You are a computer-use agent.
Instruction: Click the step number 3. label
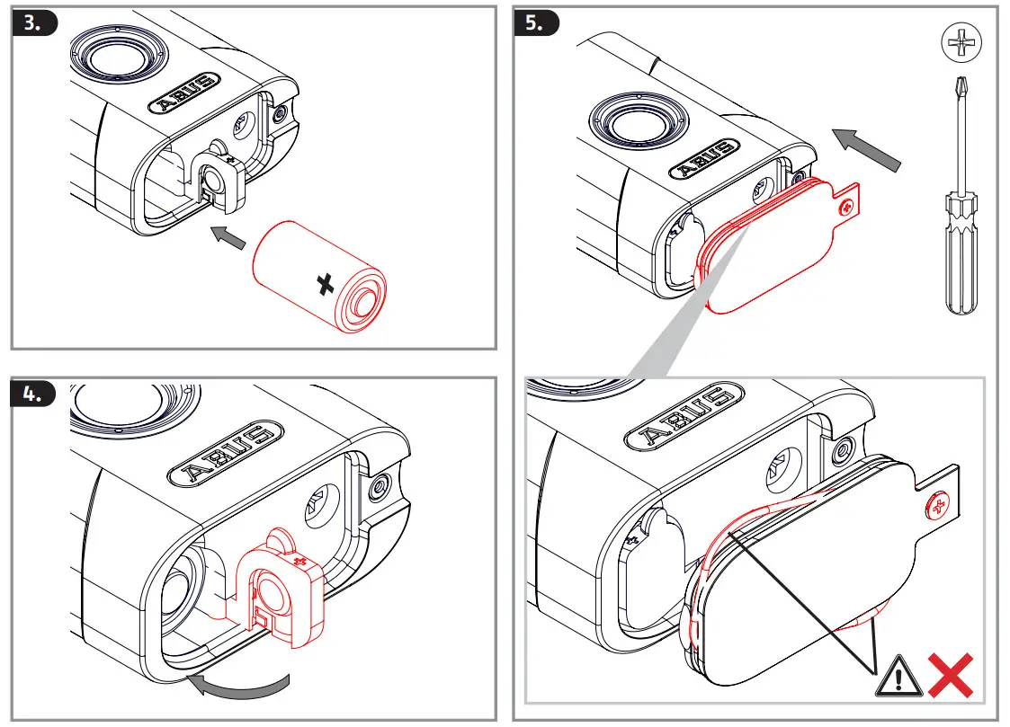pos(33,24)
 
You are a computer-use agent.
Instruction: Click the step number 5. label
pos(535,24)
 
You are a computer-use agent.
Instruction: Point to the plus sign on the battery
pos(326,285)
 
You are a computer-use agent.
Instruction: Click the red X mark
pos(952,676)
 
